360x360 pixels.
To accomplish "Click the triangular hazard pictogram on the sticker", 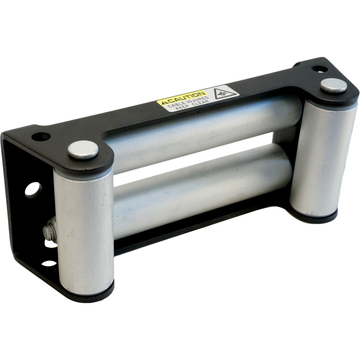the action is coord(223,93).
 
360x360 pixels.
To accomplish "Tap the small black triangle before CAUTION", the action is coord(164,103).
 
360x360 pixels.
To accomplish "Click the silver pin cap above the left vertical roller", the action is coord(83,150).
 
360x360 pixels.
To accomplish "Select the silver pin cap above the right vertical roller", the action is coord(334,85).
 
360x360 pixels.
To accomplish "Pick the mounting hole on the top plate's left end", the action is coord(41,137).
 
